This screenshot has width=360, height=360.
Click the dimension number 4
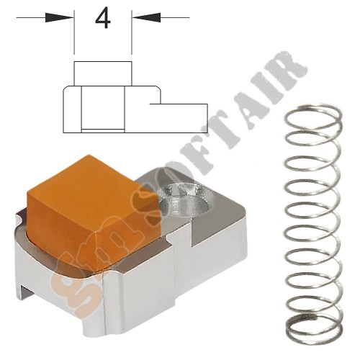coord(103,19)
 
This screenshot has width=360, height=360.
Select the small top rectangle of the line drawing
coord(103,73)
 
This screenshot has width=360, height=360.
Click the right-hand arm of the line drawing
coord(180,112)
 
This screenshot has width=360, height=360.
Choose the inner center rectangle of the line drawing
coord(103,108)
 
